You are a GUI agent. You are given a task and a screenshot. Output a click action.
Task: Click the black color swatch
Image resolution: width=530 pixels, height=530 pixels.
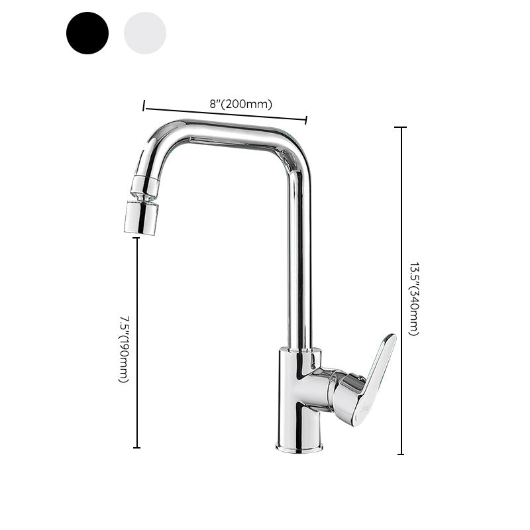(x=87, y=33)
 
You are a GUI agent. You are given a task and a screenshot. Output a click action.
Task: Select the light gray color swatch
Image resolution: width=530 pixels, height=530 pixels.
(x=145, y=33)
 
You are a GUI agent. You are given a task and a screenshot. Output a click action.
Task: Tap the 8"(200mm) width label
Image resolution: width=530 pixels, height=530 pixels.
(x=241, y=104)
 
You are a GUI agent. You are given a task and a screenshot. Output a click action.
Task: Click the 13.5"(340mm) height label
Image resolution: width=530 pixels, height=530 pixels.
(x=413, y=299)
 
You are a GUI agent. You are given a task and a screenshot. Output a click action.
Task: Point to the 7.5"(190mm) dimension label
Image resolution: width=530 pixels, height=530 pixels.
(x=123, y=348)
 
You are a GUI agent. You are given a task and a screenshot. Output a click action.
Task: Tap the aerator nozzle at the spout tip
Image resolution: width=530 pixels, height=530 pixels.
(x=141, y=217)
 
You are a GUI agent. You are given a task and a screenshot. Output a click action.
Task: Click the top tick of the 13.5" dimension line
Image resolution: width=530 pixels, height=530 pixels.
(x=400, y=127)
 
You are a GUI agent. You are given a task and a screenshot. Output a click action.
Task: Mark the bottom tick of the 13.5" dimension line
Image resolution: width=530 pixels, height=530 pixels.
(x=400, y=454)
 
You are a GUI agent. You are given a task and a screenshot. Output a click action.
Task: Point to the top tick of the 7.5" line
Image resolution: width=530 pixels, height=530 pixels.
(x=137, y=238)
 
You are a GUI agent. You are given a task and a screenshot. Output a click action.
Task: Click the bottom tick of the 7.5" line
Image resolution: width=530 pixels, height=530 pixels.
(x=137, y=448)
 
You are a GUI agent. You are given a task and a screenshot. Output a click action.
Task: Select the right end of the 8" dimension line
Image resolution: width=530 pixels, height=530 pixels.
(x=306, y=120)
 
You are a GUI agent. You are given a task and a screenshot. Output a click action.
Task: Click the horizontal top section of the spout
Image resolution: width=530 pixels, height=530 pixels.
(x=225, y=132)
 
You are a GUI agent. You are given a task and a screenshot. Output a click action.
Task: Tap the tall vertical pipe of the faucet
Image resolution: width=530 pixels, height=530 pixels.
(x=299, y=265)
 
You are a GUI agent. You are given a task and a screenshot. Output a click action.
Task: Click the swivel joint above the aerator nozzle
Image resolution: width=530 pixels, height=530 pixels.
(x=145, y=186)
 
